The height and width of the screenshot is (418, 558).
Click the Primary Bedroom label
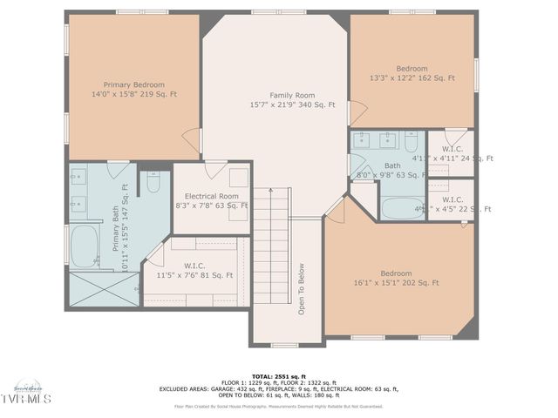133,89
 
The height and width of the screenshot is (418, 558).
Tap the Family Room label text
291,99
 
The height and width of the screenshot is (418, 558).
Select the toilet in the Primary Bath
153,183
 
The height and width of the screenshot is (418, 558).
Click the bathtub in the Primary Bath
85,246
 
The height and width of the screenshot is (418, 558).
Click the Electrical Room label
211,201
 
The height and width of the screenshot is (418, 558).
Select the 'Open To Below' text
302,288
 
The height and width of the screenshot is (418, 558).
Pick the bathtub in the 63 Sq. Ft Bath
402,208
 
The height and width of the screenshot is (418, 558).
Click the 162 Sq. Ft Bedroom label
412,73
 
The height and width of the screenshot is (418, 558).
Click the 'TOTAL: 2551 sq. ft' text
278,375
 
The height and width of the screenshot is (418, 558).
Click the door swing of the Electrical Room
215,170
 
